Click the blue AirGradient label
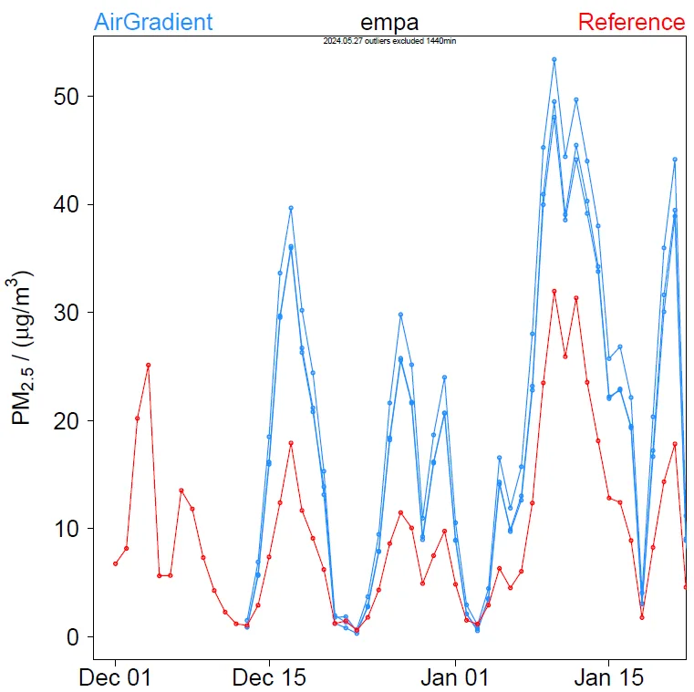coord(153,22)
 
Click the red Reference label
coord(631,22)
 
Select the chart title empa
coord(389,23)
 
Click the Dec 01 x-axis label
coord(115,678)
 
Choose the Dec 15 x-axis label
coord(269,678)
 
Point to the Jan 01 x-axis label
coord(454,678)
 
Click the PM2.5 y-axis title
coord(24,346)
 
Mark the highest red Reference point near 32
coord(554,291)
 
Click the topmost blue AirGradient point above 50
coord(554,59)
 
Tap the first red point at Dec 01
coord(115,563)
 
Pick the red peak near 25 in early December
coord(148,365)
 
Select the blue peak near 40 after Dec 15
coord(291,208)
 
